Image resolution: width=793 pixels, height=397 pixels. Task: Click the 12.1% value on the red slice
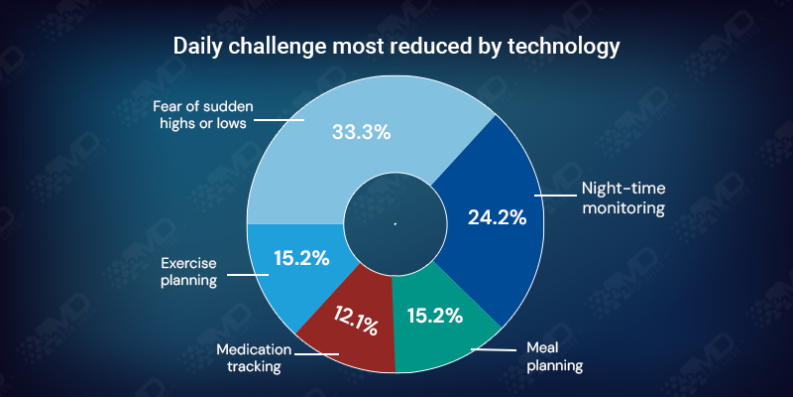pos(354,324)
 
